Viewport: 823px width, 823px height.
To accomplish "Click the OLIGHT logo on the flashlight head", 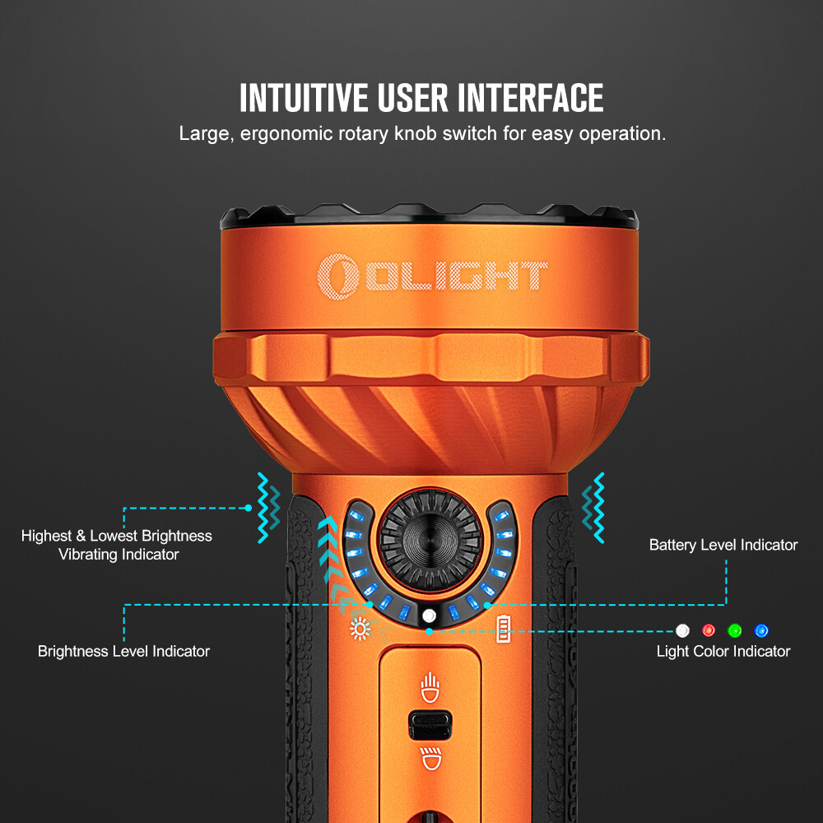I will pyautogui.click(x=433, y=274).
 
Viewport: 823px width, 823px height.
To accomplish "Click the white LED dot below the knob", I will pyautogui.click(x=428, y=616).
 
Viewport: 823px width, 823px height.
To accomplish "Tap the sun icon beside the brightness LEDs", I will pyautogui.click(x=360, y=630).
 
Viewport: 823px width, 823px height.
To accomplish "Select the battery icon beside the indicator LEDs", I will pyautogui.click(x=503, y=630).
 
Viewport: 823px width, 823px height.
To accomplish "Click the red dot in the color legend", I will pyautogui.click(x=708, y=631).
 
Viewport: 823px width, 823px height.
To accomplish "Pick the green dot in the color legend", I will pyautogui.click(x=734, y=631).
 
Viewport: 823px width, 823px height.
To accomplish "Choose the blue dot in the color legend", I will pyautogui.click(x=761, y=631).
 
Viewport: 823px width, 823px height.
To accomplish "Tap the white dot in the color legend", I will pyautogui.click(x=681, y=631).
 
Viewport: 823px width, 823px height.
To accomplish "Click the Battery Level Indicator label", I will pyautogui.click(x=723, y=545).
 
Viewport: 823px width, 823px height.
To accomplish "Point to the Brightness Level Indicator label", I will pyautogui.click(x=123, y=651).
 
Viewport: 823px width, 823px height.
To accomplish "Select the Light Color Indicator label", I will pyautogui.click(x=723, y=651).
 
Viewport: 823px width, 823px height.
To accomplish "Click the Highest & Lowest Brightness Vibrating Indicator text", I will pyautogui.click(x=117, y=545).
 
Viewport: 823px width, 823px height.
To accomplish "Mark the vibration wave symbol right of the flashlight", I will pyautogui.click(x=593, y=507).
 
